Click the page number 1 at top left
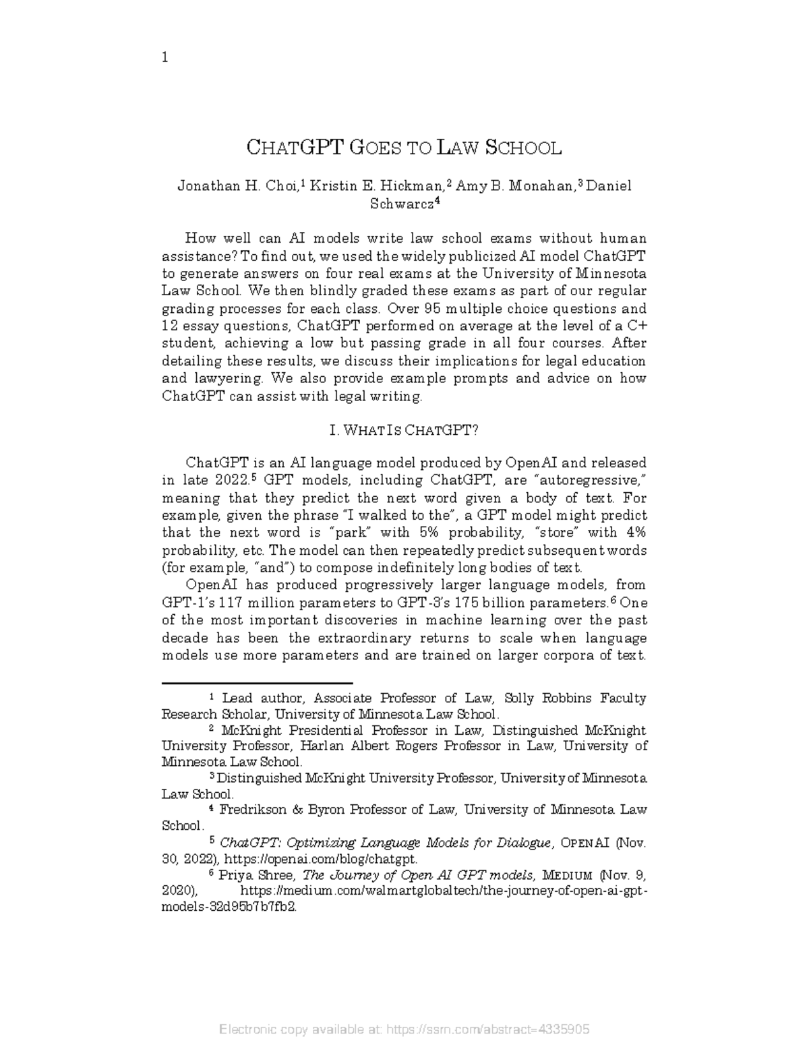[165, 58]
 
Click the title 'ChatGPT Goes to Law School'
[404, 148]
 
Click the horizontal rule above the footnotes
[258, 682]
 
